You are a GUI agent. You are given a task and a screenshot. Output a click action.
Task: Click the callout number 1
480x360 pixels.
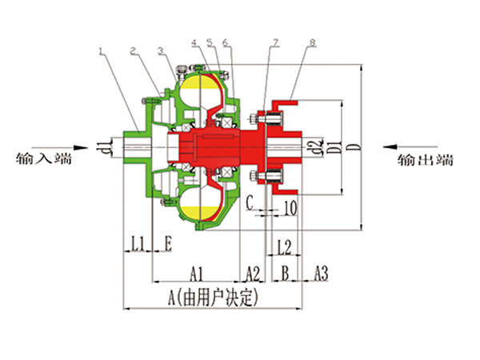click(x=102, y=51)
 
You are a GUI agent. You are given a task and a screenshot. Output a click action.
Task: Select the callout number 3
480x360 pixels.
click(x=162, y=51)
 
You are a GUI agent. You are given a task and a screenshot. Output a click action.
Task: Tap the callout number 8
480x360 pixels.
click(x=312, y=43)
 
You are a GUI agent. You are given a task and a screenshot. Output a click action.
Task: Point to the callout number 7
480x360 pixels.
click(x=275, y=43)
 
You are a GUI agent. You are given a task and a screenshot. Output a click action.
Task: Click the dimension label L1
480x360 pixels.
click(x=138, y=244)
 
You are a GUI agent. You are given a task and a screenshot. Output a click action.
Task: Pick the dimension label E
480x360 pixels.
click(x=168, y=244)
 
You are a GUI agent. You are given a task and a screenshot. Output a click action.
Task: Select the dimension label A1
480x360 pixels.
click(x=196, y=274)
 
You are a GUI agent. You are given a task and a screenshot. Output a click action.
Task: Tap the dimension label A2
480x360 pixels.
click(x=253, y=274)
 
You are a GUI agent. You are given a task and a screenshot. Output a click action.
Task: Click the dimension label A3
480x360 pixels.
click(x=321, y=273)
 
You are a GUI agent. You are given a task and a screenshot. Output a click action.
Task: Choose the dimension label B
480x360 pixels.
click(x=285, y=273)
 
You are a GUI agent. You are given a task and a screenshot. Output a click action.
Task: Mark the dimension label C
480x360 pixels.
click(x=250, y=202)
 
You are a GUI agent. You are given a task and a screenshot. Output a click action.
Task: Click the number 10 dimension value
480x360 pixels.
click(x=290, y=208)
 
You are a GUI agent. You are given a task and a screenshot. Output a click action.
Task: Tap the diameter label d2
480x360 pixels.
click(x=318, y=146)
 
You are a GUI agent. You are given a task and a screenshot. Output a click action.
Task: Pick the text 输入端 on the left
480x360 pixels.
click(x=44, y=158)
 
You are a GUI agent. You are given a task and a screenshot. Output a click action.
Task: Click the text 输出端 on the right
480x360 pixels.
click(x=426, y=160)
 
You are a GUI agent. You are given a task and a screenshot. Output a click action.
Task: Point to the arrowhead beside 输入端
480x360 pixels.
click(x=82, y=147)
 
